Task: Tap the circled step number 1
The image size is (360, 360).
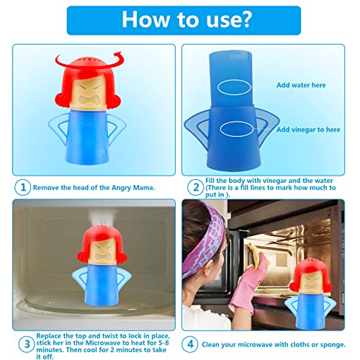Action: pyautogui.click(x=23, y=187)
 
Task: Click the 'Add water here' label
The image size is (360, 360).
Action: pyautogui.click(x=300, y=85)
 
